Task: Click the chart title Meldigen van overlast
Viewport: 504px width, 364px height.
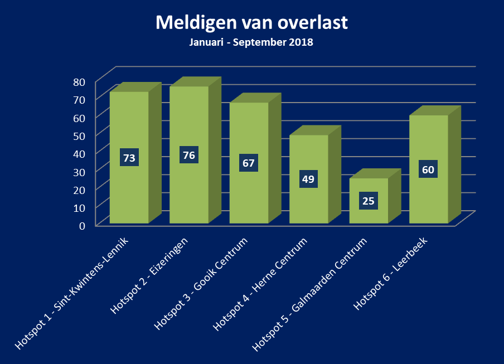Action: click(x=251, y=23)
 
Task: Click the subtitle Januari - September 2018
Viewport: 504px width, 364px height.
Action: click(x=251, y=42)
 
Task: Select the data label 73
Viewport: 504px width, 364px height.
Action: click(x=129, y=158)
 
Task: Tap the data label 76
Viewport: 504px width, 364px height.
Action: click(x=189, y=155)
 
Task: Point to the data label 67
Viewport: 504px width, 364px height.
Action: click(x=249, y=163)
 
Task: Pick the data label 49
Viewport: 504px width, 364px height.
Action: click(x=308, y=179)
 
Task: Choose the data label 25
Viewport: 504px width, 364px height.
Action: click(x=368, y=201)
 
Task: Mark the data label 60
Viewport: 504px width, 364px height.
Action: click(x=428, y=169)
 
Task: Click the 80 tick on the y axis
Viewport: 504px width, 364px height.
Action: click(x=79, y=82)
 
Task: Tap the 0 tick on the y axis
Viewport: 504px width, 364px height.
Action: click(x=82, y=225)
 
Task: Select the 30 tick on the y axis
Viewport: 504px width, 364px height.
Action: click(x=79, y=172)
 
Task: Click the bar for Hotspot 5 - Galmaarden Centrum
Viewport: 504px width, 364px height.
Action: click(x=368, y=212)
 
